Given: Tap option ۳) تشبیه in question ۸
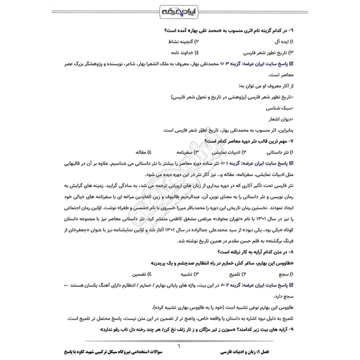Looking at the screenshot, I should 187,274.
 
